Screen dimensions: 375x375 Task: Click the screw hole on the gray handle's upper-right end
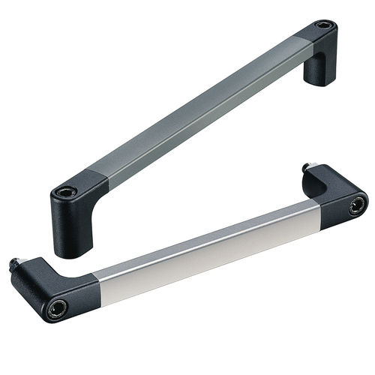pos(323,25)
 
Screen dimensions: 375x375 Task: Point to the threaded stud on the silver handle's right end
pos(307,167)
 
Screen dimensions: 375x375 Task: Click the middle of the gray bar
pos(191,105)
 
